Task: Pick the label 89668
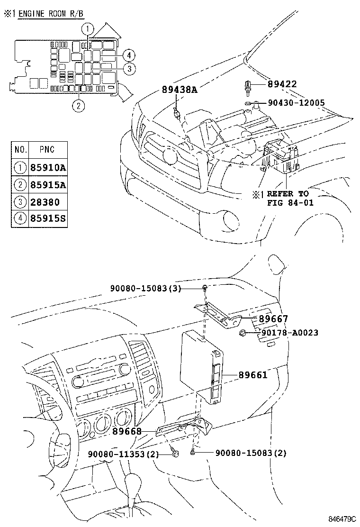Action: click(127, 431)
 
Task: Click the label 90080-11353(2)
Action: click(123, 454)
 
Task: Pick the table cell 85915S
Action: click(47, 219)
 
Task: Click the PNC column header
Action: click(46, 150)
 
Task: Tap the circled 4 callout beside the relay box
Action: click(129, 55)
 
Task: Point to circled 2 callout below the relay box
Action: click(79, 106)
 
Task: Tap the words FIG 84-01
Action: click(288, 203)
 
